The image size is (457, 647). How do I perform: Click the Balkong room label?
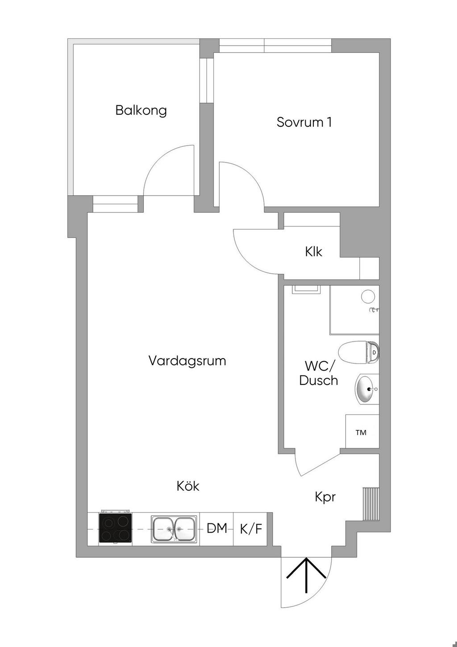pyautogui.click(x=141, y=111)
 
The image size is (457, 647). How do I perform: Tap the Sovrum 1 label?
pyautogui.click(x=304, y=122)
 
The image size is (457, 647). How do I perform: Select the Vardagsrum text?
pyautogui.click(x=187, y=361)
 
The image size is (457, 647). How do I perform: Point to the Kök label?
pyautogui.click(x=188, y=486)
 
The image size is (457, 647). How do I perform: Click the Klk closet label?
pyautogui.click(x=314, y=251)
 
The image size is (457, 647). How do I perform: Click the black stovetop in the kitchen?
pyautogui.click(x=116, y=528)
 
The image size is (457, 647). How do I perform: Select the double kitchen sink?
pyautogui.click(x=174, y=528)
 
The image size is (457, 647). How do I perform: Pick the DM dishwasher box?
pyautogui.click(x=216, y=529)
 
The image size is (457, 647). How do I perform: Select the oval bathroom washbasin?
pyautogui.click(x=366, y=389)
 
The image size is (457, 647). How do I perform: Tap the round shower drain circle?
pyautogui.click(x=368, y=297)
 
